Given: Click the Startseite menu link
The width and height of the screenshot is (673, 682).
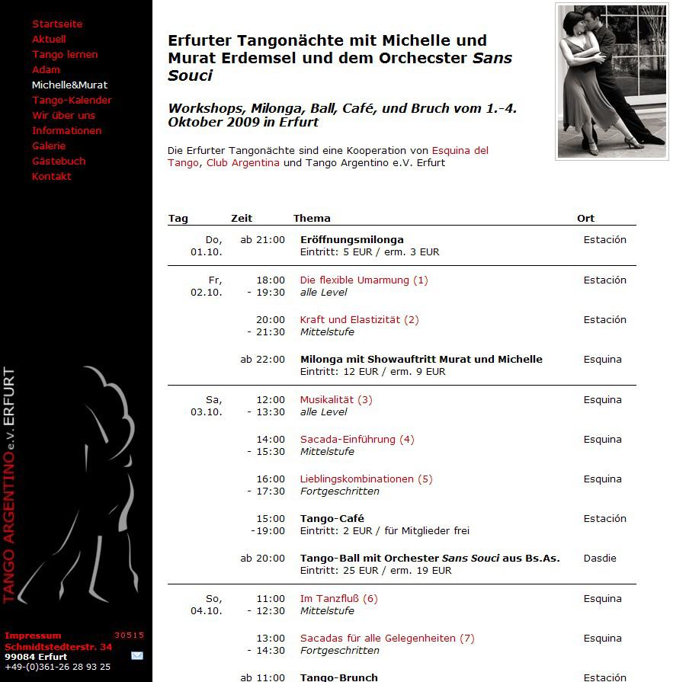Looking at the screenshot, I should [x=57, y=24].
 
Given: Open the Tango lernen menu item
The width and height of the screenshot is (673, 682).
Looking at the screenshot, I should [x=65, y=54].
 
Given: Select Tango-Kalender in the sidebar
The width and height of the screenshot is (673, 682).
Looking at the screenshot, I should [x=72, y=100].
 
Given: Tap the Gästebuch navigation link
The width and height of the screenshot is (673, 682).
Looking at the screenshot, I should [x=59, y=161].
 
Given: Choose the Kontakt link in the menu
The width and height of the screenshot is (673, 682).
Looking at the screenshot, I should [x=51, y=176].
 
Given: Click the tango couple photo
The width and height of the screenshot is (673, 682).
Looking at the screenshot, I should [x=611, y=82].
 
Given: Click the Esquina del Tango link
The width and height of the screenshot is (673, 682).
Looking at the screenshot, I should [x=460, y=150].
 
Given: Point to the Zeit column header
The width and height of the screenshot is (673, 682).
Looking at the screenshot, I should [x=242, y=218].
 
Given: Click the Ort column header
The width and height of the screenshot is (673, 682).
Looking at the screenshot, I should [x=585, y=218].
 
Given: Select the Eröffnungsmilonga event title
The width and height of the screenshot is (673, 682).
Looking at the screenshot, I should [x=352, y=239].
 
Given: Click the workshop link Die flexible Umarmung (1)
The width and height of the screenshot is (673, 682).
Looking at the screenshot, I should [x=364, y=280].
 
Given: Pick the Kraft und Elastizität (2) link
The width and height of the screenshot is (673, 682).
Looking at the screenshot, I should [x=359, y=319].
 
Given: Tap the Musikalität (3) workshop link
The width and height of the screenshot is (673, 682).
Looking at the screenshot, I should [x=336, y=399].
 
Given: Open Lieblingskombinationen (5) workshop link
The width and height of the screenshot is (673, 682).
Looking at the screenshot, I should [x=366, y=479].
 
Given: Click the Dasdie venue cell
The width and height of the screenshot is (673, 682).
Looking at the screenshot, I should [x=600, y=558].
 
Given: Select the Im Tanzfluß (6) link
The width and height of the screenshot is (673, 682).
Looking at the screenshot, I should [x=338, y=598].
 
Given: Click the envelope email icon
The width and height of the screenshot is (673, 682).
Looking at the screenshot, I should [x=137, y=655].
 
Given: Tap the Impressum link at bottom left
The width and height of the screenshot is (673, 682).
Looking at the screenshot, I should [x=33, y=635].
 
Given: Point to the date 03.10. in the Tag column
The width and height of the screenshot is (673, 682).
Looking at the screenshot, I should [x=206, y=411].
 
